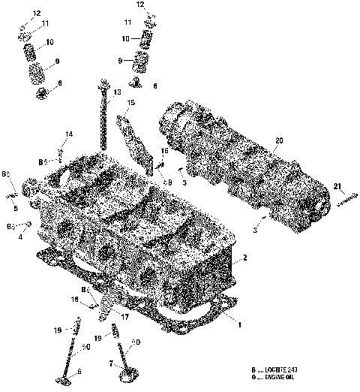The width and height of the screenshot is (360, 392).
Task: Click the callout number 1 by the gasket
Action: tap(239, 325)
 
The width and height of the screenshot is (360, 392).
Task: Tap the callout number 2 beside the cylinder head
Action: tap(244, 258)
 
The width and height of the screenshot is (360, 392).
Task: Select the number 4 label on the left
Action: tap(20, 237)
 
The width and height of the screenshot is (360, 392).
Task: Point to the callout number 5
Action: tap(16, 208)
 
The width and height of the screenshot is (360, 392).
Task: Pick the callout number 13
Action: tap(118, 92)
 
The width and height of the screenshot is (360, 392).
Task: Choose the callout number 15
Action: tap(130, 102)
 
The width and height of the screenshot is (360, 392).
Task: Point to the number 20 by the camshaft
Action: tap(279, 140)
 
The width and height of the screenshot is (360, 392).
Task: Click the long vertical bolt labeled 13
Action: tap(102, 120)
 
